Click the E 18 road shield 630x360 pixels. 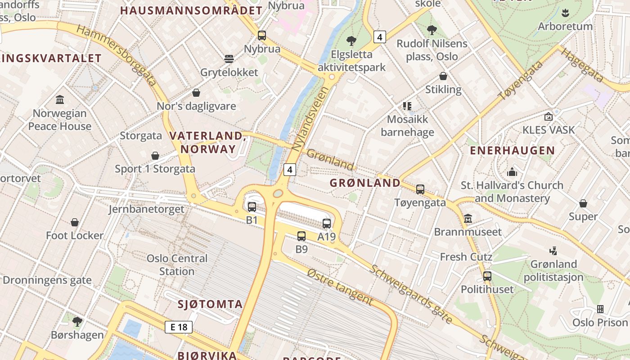(x=179, y=327)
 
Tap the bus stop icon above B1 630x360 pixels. (x=252, y=207)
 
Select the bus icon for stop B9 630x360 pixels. (x=301, y=236)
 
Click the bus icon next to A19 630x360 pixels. (x=327, y=223)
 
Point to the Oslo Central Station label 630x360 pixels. (x=177, y=265)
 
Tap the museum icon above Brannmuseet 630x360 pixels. (x=468, y=218)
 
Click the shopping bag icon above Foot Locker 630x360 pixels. (x=75, y=222)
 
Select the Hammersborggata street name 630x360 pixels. (x=116, y=55)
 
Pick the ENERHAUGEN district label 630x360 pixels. (x=512, y=151)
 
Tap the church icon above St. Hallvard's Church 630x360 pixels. (x=512, y=172)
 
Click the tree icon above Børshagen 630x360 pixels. (x=77, y=321)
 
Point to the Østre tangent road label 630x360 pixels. (x=340, y=286)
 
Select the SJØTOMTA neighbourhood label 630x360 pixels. (x=210, y=304)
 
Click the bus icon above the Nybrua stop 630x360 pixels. (x=262, y=35)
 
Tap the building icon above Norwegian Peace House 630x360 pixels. (x=60, y=99)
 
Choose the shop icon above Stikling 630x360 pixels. (x=443, y=76)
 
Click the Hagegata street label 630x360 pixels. (x=582, y=65)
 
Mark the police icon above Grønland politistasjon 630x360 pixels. (x=553, y=251)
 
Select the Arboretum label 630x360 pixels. (x=565, y=26)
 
